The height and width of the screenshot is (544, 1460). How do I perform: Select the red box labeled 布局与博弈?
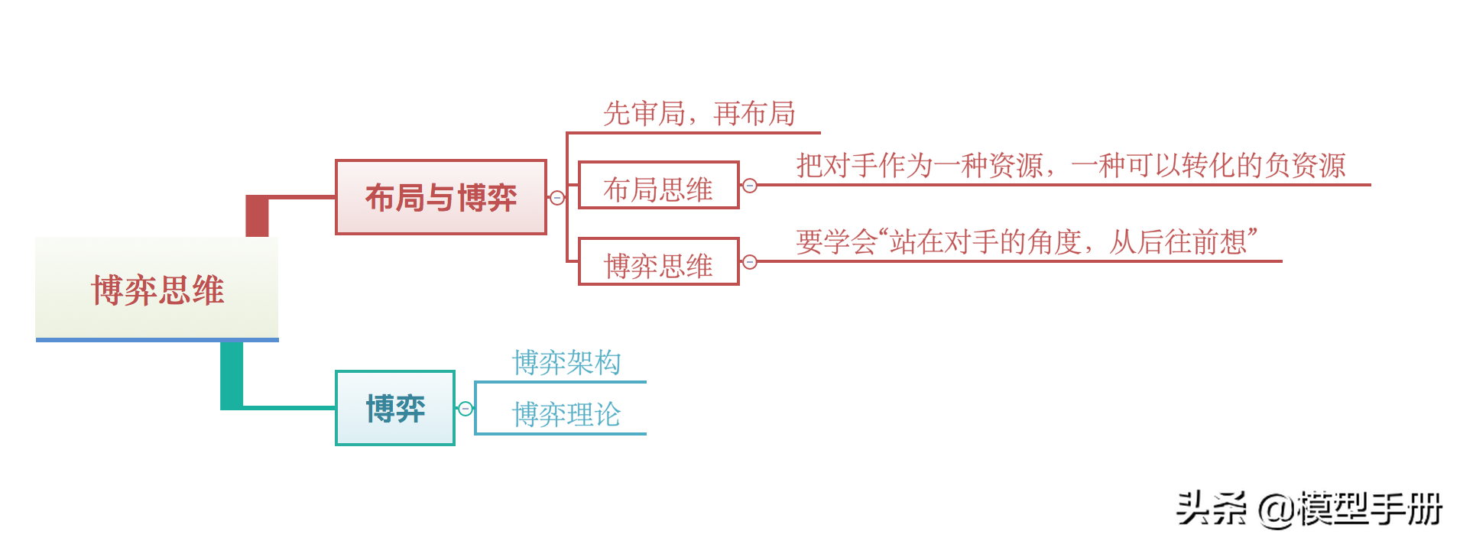point(440,197)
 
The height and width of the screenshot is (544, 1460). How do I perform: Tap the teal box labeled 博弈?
point(394,408)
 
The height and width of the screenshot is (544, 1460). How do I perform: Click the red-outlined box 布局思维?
point(658,186)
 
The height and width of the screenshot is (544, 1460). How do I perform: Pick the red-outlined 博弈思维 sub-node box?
point(658,262)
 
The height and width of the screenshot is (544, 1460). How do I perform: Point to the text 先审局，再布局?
point(699,114)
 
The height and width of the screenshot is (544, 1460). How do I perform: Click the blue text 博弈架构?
point(566,362)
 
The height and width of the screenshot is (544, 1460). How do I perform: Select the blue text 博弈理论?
point(566,414)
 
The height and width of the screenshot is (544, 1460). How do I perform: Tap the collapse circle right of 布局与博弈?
point(557,198)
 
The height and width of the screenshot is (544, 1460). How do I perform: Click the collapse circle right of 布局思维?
point(750,186)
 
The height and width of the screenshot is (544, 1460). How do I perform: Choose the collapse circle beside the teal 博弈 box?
point(465,409)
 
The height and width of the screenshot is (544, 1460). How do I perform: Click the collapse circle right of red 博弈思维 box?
point(750,262)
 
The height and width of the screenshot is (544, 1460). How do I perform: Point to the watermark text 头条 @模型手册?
point(1308,509)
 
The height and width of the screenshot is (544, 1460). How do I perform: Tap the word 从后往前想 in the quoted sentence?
point(1178,242)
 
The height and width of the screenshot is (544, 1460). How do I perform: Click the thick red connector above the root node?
point(257,216)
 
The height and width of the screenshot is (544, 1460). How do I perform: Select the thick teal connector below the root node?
point(232,374)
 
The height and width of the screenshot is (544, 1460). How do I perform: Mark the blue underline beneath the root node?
point(157,339)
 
